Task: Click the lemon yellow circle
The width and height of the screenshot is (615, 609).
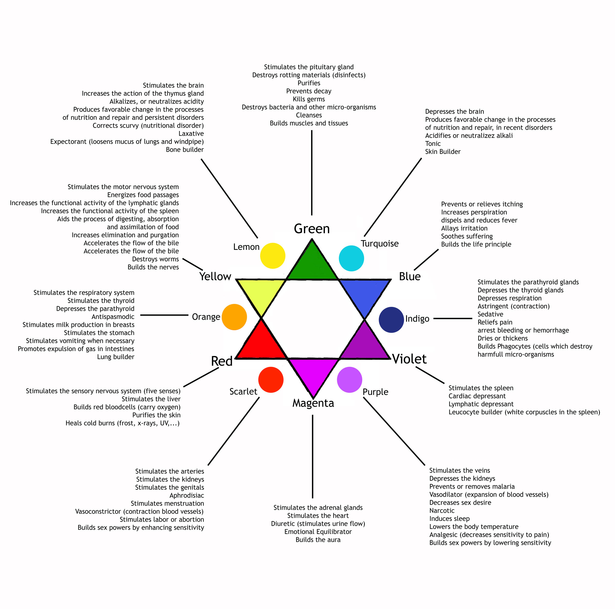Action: click(272, 256)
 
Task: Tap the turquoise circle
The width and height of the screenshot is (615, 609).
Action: click(351, 258)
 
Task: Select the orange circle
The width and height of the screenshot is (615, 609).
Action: click(234, 317)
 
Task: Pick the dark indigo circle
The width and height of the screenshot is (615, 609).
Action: click(391, 320)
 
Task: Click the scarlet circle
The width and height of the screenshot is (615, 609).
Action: click(271, 380)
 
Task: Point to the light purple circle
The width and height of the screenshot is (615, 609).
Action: click(350, 380)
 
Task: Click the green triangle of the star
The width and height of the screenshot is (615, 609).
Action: click(312, 264)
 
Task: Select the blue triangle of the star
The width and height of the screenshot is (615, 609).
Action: click(364, 293)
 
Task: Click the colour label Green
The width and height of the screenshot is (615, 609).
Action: click(312, 229)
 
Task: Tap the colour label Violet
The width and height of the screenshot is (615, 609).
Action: click(409, 359)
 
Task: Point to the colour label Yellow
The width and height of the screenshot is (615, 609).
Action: click(215, 276)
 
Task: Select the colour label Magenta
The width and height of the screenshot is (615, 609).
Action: click(313, 403)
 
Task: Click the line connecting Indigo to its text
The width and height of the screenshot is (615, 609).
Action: click(452, 318)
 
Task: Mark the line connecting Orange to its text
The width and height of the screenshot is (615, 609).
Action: click(164, 315)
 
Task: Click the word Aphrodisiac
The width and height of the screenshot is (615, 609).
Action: click(187, 495)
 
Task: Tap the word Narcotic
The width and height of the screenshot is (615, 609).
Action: click(442, 511)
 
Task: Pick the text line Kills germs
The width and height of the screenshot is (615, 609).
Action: click(309, 99)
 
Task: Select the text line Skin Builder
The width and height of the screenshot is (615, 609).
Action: click(443, 152)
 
